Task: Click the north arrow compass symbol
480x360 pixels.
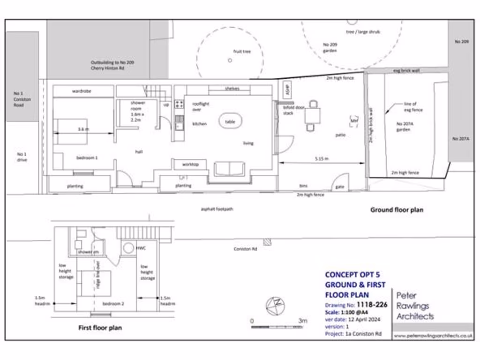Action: [x=275, y=305]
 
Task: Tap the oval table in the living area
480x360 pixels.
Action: [x=230, y=121]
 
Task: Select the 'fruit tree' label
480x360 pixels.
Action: [x=242, y=52]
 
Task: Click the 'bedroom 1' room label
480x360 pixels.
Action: [x=87, y=158]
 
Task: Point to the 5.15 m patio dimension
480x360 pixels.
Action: [x=321, y=159]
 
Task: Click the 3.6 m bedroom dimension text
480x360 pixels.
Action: [x=83, y=128]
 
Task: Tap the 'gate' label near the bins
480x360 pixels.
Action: [x=339, y=187]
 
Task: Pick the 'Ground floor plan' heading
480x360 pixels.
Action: [x=397, y=210]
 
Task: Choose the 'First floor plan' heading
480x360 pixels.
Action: [x=100, y=328]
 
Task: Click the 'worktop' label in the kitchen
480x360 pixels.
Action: [x=190, y=165]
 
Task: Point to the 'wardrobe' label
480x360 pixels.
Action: [x=81, y=91]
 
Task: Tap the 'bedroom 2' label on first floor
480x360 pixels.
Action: [x=113, y=304]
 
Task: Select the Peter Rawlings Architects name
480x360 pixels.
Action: [x=415, y=306]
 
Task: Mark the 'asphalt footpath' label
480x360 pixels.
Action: [x=217, y=209]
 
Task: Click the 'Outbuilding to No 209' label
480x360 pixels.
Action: [x=112, y=65]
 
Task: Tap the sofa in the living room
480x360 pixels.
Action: [x=229, y=169]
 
